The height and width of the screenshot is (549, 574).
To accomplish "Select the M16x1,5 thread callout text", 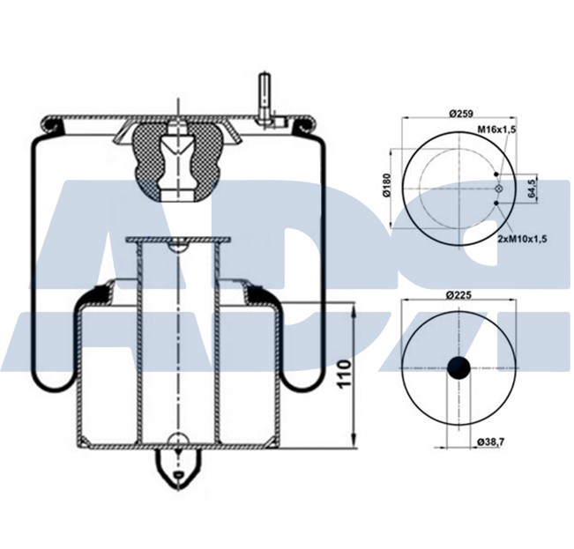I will (x=496, y=130).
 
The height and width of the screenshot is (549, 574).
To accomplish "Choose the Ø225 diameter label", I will (x=460, y=293).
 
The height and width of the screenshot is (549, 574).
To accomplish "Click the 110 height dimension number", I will (x=344, y=374).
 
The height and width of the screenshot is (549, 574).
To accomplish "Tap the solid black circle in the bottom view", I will (x=459, y=368).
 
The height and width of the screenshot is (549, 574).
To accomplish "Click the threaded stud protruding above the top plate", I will (x=263, y=97).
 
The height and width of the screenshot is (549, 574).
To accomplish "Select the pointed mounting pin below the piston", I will (x=180, y=468).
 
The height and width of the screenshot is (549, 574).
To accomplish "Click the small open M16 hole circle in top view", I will (x=499, y=189).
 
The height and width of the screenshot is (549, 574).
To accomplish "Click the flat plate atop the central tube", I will (x=177, y=240).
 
